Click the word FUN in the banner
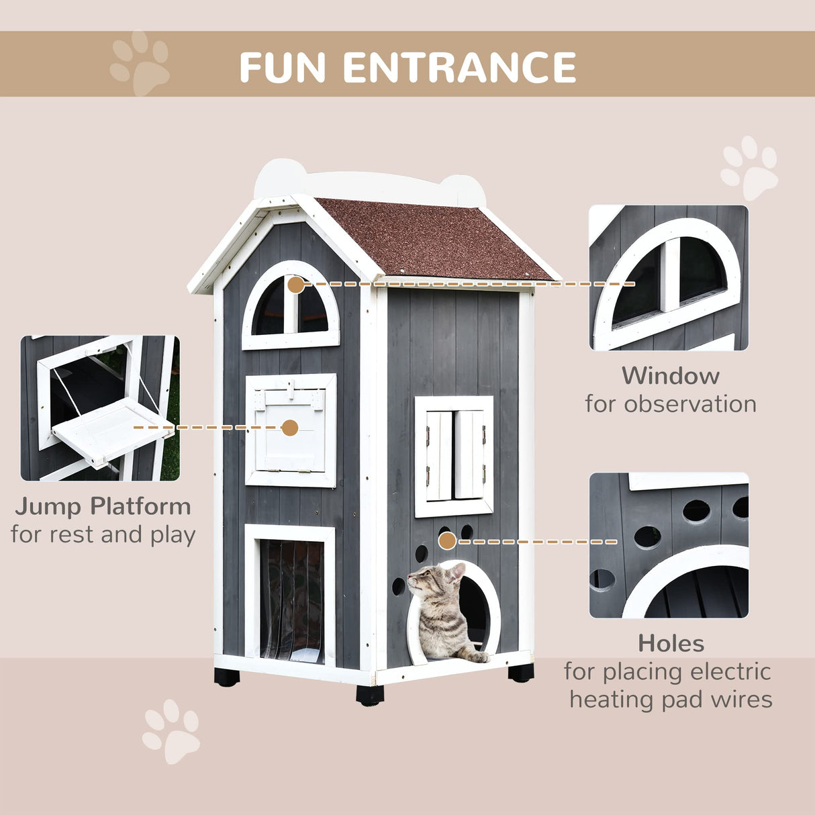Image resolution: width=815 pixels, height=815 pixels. (283, 67)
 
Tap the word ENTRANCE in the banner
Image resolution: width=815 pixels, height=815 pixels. (460, 67)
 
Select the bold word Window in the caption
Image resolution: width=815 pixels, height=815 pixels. (670, 375)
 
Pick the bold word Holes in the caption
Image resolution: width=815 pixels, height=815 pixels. (671, 643)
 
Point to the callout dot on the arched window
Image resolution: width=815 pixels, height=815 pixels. (295, 285)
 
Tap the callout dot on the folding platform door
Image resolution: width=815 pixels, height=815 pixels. (289, 428)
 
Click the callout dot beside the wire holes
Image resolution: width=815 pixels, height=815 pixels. (448, 540)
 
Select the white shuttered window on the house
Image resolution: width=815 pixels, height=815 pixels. (454, 456)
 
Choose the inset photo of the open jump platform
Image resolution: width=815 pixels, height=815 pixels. (100, 408)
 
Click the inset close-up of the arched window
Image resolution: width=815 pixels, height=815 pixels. (669, 277)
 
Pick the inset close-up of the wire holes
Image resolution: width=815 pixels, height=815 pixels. (669, 545)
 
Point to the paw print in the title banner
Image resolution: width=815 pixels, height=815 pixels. (140, 63)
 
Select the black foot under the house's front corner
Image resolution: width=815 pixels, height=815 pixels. (370, 694)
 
